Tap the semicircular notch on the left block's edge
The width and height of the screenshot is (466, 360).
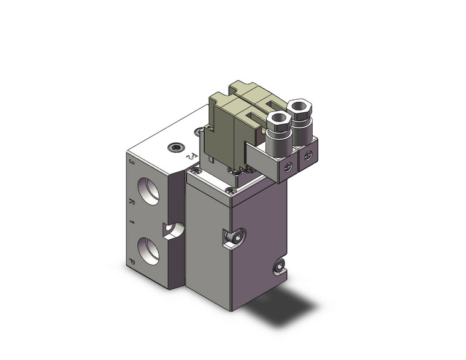pyautogui.click(x=173, y=231)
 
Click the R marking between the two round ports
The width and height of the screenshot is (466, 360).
pyautogui.click(x=132, y=203)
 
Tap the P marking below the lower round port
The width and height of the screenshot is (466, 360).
pyautogui.click(x=133, y=265)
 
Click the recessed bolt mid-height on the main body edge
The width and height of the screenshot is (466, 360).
pyautogui.click(x=236, y=236)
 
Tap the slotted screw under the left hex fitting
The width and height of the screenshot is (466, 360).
pyautogui.click(x=286, y=165)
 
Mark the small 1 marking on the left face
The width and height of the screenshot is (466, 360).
pyautogui.click(x=132, y=224)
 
